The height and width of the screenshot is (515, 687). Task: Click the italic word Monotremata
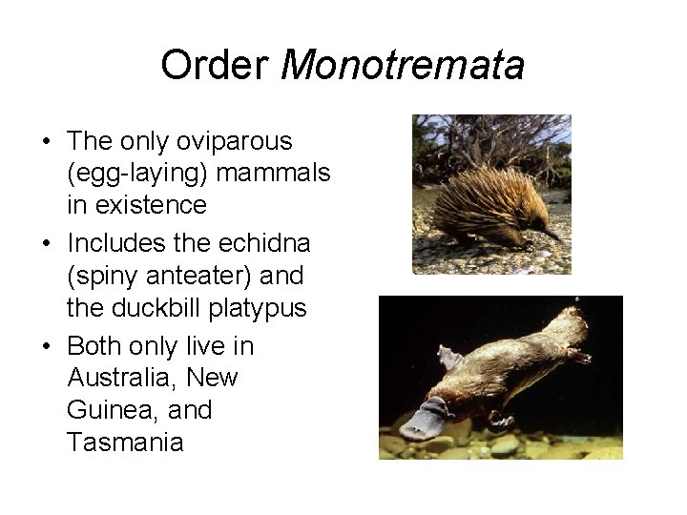pos(404,66)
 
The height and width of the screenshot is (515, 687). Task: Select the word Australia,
pos(123,379)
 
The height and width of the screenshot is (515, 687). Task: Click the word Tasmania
pos(125,443)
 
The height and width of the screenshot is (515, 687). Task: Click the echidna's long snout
pos(552,233)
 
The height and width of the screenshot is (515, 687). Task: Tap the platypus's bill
pos(419,422)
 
